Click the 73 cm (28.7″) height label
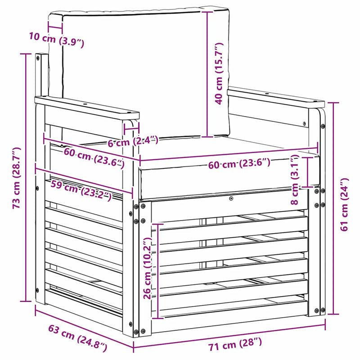(17, 178)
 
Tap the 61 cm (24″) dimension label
(344, 204)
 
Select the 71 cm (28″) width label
(235, 344)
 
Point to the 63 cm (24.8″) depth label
(77, 338)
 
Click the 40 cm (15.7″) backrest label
(219, 73)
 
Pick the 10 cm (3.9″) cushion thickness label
(57, 40)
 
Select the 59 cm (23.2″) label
(81, 190)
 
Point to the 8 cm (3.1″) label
(295, 180)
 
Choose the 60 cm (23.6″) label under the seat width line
(239, 163)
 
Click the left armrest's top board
(87, 108)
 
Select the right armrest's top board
(276, 97)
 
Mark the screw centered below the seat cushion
(231, 198)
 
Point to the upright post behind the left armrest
(41, 75)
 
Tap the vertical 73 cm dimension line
(26, 177)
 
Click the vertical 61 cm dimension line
(333, 208)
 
